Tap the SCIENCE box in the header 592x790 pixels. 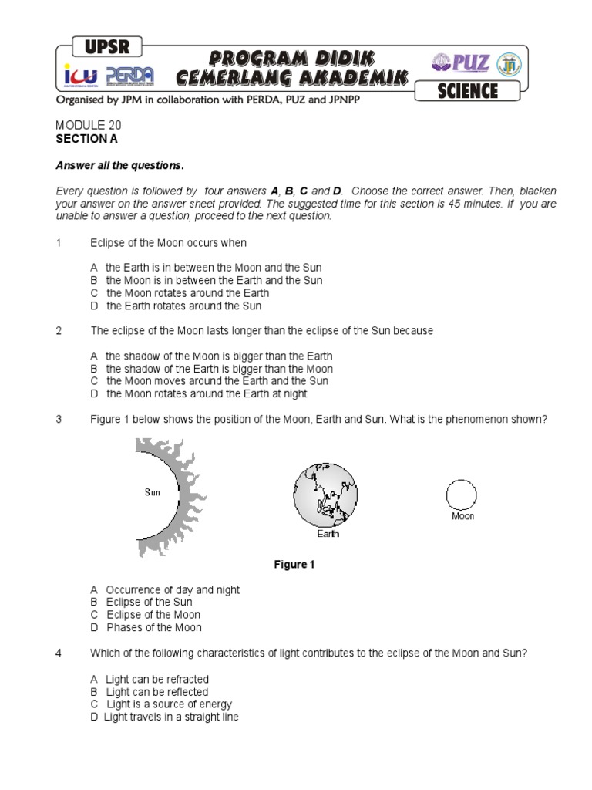467,90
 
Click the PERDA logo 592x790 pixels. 129,76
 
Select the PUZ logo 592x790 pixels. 462,62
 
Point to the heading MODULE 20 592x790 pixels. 89,125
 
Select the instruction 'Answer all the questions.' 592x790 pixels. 119,165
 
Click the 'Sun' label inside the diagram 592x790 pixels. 153,492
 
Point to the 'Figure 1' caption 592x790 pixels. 295,565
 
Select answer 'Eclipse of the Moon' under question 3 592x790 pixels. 153,615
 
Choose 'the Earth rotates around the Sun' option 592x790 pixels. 183,306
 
